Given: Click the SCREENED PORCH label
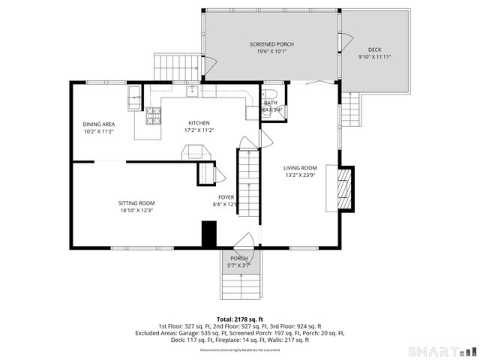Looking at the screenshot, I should pyautogui.click(x=271, y=45).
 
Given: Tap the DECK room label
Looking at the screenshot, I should pyautogui.click(x=374, y=50).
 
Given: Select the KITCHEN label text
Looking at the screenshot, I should pyautogui.click(x=199, y=123).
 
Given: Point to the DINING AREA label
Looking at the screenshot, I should pyautogui.click(x=98, y=124).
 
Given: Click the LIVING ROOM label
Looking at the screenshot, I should pyautogui.click(x=300, y=168).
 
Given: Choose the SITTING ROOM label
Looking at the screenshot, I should pyautogui.click(x=136, y=202).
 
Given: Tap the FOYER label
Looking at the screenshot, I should pyautogui.click(x=226, y=197).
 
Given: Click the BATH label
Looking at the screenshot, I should pyautogui.click(x=271, y=103).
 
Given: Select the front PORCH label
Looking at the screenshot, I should pyautogui.click(x=239, y=259).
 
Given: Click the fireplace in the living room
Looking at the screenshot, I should pyautogui.click(x=344, y=187).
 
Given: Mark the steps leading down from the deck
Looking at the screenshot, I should pyautogui.click(x=350, y=111).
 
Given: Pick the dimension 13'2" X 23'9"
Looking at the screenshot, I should pyautogui.click(x=300, y=176).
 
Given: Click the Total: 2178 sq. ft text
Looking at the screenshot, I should pyautogui.click(x=240, y=319).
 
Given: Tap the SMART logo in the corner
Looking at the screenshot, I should pyautogui.click(x=439, y=351).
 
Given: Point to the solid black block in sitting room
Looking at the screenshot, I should pyautogui.click(x=209, y=234).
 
